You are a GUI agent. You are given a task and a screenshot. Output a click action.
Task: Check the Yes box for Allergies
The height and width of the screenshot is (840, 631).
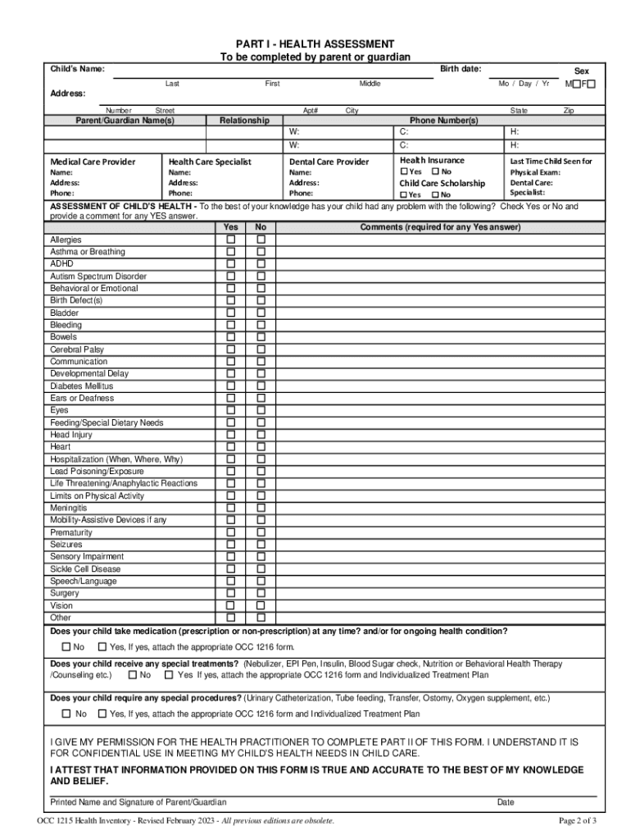[231, 240]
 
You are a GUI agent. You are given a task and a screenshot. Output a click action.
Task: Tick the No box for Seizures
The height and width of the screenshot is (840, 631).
[261, 544]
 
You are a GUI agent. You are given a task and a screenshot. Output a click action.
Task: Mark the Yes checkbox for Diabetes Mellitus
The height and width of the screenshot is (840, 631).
[231, 386]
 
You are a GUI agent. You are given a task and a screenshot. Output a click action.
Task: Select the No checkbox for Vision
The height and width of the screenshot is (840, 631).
[261, 605]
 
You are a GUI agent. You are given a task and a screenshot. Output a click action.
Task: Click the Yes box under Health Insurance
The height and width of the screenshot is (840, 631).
[404, 172]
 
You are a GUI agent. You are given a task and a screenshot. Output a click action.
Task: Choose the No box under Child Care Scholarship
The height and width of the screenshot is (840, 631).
[434, 194]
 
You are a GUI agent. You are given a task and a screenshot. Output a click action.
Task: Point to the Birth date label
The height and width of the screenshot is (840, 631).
[461, 69]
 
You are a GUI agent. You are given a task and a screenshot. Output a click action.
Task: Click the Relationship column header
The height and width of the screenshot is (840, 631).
[244, 121]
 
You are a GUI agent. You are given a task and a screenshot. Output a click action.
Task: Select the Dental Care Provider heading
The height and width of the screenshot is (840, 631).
[329, 162]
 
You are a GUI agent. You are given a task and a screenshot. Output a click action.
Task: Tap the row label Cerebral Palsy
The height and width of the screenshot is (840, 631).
[77, 349]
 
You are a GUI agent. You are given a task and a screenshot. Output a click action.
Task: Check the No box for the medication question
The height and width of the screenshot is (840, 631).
[66, 647]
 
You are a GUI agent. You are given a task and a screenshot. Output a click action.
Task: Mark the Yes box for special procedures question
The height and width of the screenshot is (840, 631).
[102, 714]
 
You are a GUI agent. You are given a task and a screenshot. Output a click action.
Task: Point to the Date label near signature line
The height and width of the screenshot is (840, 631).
[506, 801]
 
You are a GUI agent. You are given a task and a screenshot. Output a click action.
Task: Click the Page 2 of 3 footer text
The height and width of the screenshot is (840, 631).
[577, 820]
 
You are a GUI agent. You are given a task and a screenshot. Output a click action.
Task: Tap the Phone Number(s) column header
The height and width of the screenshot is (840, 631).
[444, 121]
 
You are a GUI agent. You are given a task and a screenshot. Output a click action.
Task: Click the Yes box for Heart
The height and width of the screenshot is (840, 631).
[231, 446]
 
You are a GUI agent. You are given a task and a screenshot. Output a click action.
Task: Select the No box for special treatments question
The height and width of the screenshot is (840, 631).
[132, 675]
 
